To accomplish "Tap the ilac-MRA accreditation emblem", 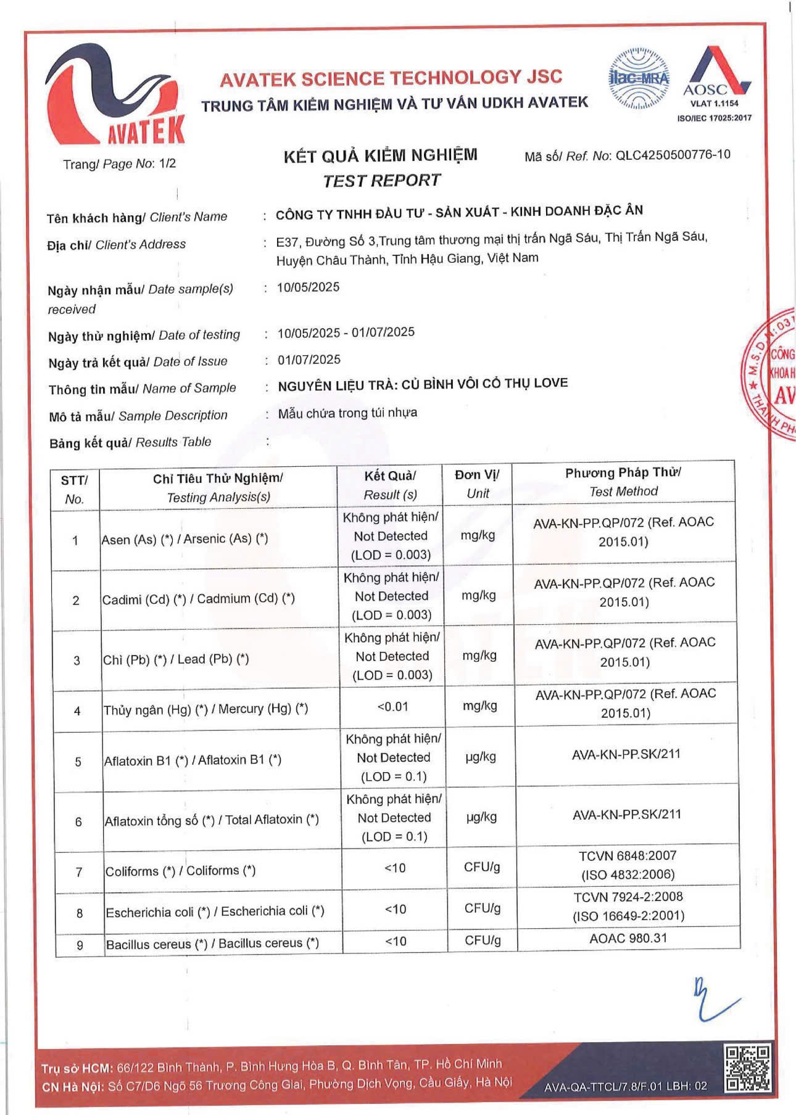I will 639,79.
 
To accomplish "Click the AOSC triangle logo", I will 716,74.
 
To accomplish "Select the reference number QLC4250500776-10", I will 673,155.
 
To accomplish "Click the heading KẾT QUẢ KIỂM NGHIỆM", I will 380,155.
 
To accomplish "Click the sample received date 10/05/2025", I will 308,287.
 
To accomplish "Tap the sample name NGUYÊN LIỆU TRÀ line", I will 423,384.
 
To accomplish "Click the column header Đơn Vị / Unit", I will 478,483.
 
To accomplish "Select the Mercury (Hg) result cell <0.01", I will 392,707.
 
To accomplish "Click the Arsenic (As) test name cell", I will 185,539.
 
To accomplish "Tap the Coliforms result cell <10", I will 395,868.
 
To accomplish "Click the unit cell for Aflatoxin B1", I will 480,757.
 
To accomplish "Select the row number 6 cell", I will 78,821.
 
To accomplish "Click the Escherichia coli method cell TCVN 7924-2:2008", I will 628,906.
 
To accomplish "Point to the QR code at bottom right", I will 748,1068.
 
